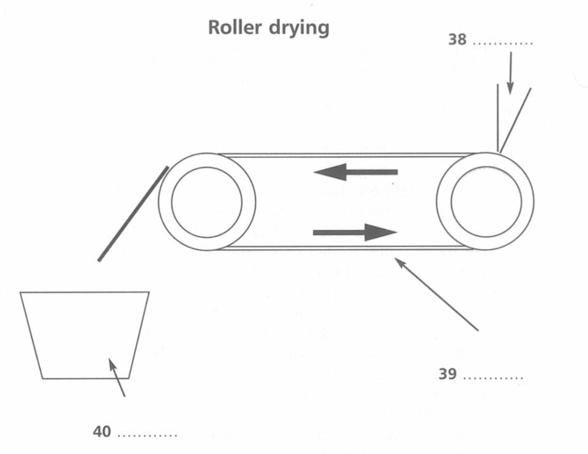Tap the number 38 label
(x=457, y=41)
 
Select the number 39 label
(x=448, y=374)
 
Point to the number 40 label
(x=102, y=432)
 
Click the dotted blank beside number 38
(x=503, y=44)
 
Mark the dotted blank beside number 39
(x=493, y=378)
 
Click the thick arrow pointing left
(x=355, y=173)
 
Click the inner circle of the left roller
(x=207, y=202)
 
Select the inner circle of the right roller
(x=486, y=202)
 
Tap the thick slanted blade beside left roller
(x=133, y=214)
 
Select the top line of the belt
(x=346, y=155)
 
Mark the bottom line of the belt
(x=346, y=248)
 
